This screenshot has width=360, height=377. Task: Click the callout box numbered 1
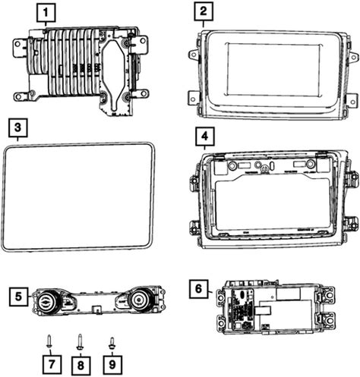pos(46,13)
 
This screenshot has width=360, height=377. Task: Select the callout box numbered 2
pos(204,11)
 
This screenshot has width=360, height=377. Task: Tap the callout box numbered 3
pos(17,127)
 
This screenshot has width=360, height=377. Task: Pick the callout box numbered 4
pos(205,137)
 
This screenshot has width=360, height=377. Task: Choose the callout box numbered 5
pos(18,297)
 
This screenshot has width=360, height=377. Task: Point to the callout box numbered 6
pos(199,289)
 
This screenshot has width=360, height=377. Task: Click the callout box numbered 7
pos(52,364)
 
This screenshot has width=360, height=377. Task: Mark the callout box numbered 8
pos(81,366)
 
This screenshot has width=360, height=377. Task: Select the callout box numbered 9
pos(112,364)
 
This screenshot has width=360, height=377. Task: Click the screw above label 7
pos(49,341)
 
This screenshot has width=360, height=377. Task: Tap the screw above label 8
pos(81,342)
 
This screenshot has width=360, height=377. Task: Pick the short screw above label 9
pos(112,343)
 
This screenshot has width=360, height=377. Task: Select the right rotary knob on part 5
pos(139,299)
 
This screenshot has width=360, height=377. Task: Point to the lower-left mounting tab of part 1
pos(21,96)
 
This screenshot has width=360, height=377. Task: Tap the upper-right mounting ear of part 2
pos(354,57)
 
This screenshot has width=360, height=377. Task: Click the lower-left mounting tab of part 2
pos(194,98)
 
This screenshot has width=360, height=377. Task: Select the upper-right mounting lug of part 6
pos(327,295)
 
